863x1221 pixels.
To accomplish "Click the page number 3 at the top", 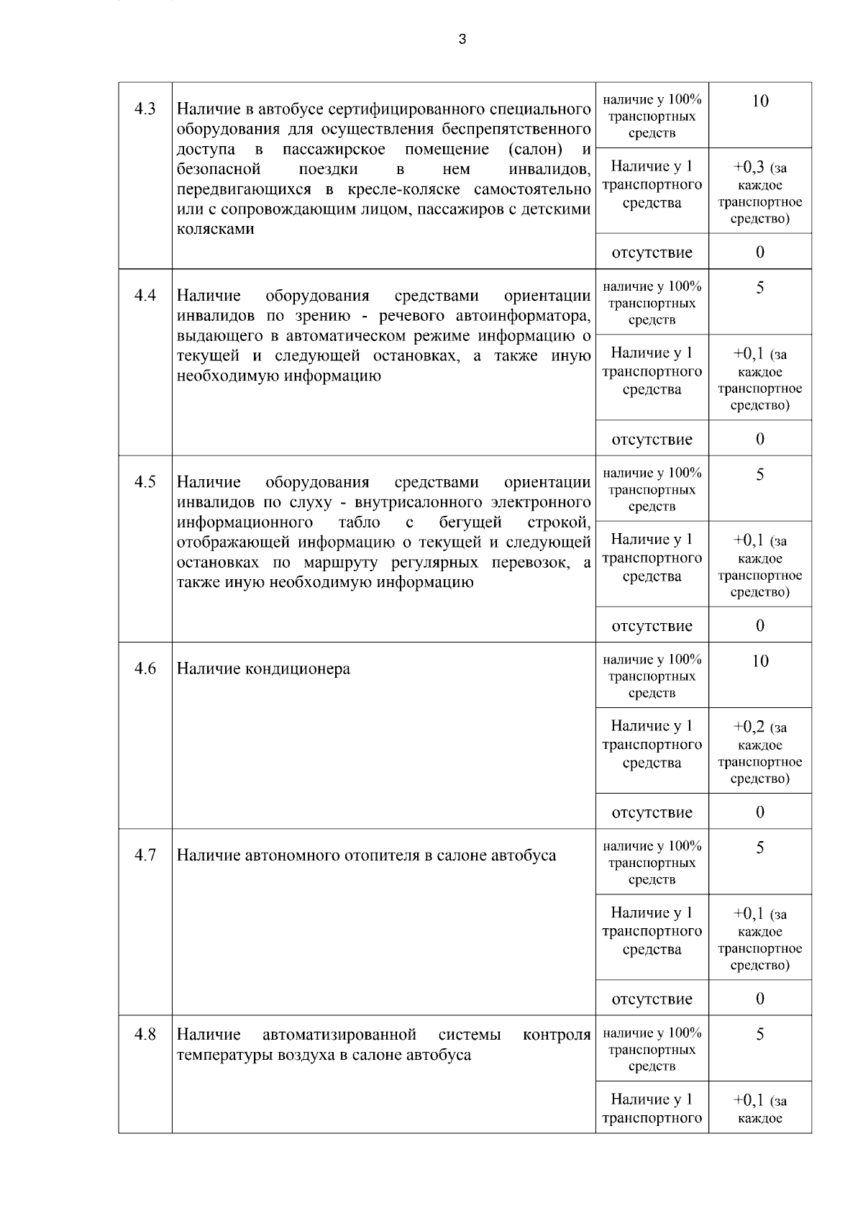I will [x=462, y=40].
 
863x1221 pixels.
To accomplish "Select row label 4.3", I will [x=145, y=109].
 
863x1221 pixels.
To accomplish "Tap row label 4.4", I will [x=145, y=295].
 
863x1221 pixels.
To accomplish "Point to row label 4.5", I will [x=145, y=481].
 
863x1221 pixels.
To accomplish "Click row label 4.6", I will [x=145, y=668].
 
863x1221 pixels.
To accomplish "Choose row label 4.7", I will [x=145, y=855].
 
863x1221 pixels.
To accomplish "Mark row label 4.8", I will [x=145, y=1035].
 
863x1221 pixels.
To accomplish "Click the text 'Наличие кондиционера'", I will [x=263, y=669].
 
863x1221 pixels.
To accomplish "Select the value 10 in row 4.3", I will [x=760, y=101].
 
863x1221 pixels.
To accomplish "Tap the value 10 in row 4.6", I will [x=760, y=661].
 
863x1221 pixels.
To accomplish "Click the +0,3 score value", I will [x=749, y=168].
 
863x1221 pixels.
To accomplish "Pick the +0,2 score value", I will [x=749, y=727].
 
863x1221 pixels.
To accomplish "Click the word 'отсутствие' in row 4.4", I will [x=652, y=440].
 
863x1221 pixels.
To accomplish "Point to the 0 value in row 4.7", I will [x=760, y=999].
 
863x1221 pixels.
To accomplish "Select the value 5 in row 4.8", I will [x=760, y=1035].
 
